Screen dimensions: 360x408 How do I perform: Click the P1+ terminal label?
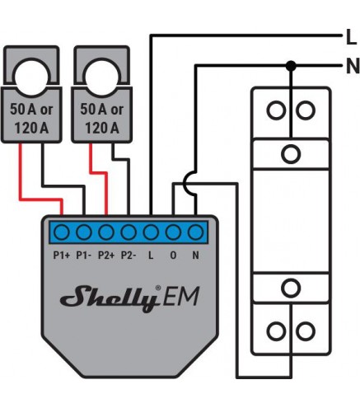61,256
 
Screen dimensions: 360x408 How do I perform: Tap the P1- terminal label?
83,256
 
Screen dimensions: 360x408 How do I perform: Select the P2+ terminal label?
106,256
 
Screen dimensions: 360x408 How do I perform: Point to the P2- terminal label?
129,256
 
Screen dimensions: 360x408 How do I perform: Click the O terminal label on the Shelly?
173,256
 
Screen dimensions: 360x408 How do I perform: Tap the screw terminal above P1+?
61,232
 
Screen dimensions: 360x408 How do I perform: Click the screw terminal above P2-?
129,232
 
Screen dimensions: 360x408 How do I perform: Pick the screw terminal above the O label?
173,232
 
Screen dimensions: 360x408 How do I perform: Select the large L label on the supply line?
351,37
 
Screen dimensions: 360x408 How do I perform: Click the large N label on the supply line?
353,66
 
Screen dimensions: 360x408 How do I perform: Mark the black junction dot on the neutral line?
291,66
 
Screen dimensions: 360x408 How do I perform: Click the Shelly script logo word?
110,298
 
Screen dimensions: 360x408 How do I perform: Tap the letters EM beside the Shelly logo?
180,297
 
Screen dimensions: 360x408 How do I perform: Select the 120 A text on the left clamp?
31,128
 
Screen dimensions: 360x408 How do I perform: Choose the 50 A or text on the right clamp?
102,110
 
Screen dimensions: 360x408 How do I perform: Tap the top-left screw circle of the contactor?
276,110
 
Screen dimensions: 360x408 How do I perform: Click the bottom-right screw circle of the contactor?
306,331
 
